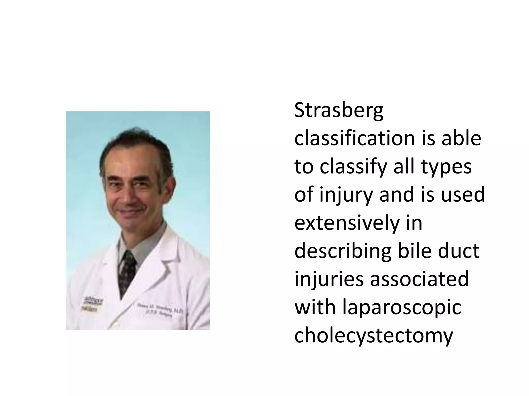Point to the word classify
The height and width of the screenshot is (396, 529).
tap(353, 167)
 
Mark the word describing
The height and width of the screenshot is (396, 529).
tap(343, 251)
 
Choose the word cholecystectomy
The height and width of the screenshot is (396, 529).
tap(374, 336)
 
